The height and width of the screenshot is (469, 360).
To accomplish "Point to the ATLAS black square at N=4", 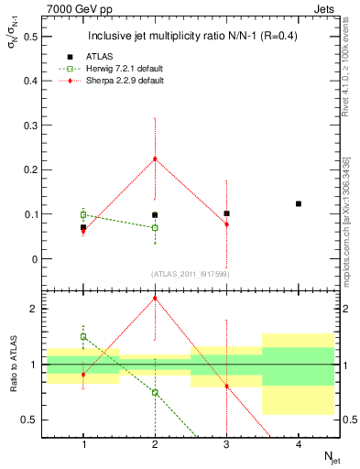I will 299,203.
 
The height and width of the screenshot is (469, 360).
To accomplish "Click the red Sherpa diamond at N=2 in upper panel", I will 155,158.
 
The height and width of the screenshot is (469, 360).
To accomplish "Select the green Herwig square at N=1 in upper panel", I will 83,214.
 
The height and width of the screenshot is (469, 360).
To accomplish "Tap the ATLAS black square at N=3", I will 226,213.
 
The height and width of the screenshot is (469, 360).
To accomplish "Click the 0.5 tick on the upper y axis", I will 34,37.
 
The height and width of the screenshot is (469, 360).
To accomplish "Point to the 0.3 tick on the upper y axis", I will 34,125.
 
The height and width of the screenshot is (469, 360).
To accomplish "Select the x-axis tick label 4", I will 299,444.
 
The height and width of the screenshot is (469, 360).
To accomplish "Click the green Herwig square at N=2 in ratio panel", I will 155,392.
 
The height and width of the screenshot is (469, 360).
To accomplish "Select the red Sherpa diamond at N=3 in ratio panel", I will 226,386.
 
